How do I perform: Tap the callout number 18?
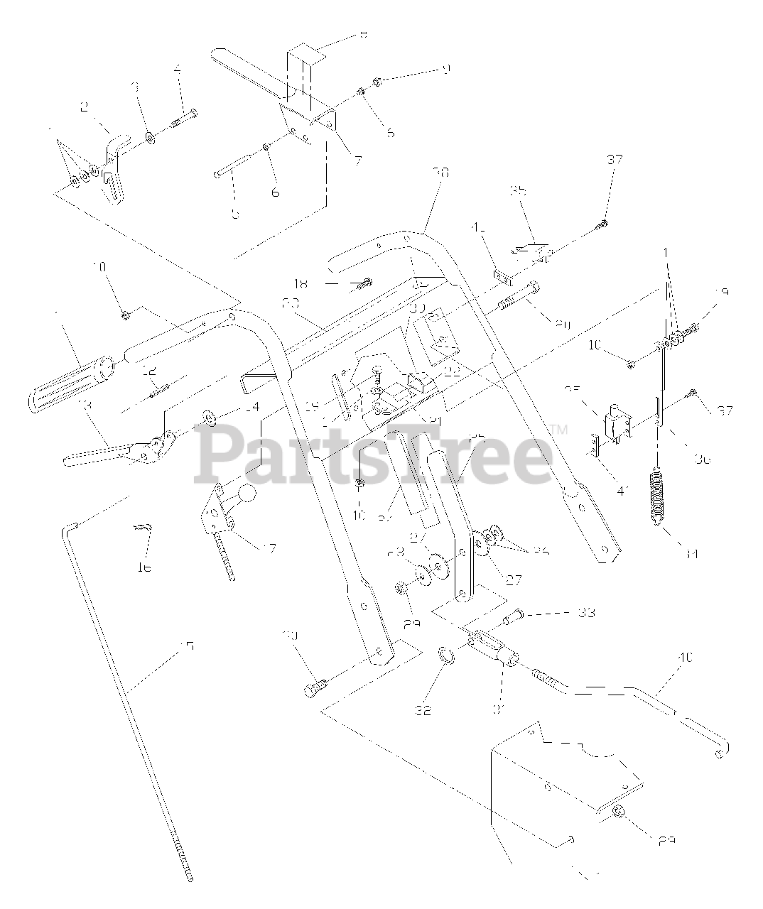[301, 283]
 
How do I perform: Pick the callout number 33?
[586, 612]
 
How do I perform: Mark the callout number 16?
[144, 567]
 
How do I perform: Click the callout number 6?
[275, 192]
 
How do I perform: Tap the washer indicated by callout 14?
[210, 417]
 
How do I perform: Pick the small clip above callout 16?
[143, 528]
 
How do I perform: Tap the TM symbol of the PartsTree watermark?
[559, 429]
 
